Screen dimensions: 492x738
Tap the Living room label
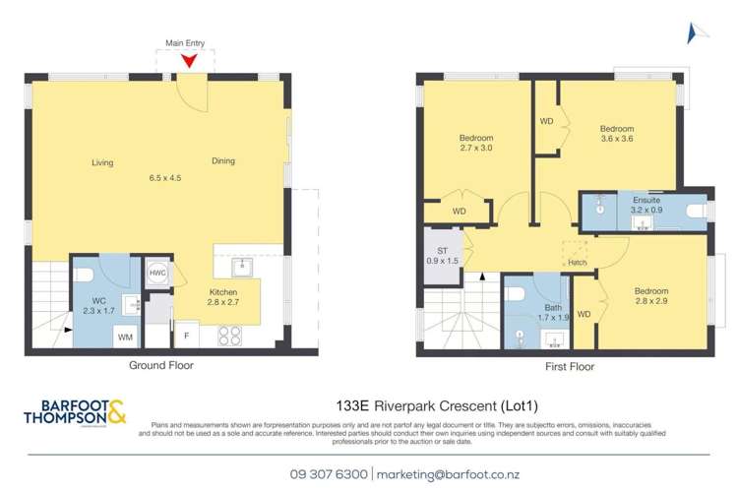[103, 161]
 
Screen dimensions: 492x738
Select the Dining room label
[223, 161]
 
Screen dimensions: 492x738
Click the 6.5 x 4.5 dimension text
[165, 178]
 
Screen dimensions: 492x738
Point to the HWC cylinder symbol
[156, 275]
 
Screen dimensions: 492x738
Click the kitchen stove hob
[230, 335]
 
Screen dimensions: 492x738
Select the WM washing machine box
[125, 337]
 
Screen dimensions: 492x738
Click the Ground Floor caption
[161, 365]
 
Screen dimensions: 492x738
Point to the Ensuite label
[646, 201]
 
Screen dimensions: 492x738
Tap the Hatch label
[577, 263]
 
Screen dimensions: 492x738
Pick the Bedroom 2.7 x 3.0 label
[476, 143]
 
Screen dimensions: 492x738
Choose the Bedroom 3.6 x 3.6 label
[617, 134]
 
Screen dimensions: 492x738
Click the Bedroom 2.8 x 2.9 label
[650, 297]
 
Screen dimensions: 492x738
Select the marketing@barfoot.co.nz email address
[444, 473]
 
